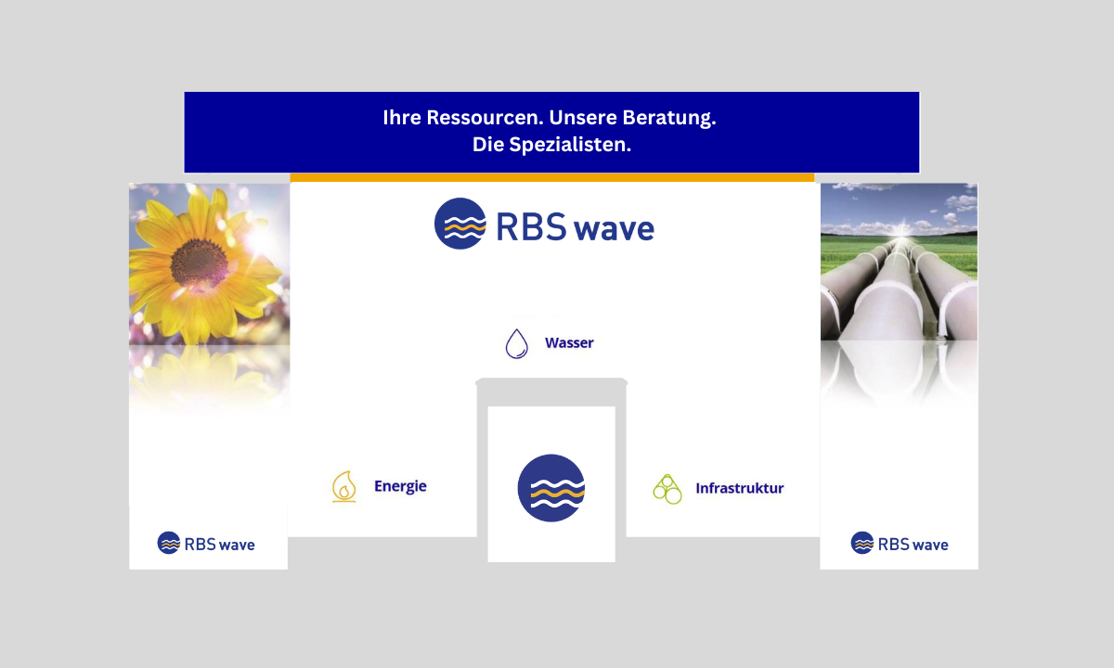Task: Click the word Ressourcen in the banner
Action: tap(485, 118)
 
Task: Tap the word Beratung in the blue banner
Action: tap(669, 119)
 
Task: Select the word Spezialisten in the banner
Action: tap(570, 145)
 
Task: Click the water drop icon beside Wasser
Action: tap(517, 343)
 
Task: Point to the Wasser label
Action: tap(569, 343)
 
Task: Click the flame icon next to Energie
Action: tap(344, 486)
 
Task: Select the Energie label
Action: tap(400, 486)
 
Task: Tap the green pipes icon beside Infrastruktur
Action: tap(667, 489)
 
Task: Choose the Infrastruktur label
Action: tap(740, 488)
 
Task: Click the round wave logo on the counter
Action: tap(551, 488)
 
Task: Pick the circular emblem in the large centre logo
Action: tap(460, 224)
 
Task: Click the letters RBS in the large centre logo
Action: tap(531, 227)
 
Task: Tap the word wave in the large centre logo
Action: tap(615, 230)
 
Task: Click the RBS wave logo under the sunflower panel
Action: tap(206, 544)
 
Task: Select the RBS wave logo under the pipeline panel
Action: tap(900, 544)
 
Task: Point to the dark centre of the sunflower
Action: tap(199, 263)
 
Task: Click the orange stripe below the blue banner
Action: tap(552, 177)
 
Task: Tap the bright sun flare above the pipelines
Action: tap(901, 231)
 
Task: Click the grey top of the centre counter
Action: tap(551, 381)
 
